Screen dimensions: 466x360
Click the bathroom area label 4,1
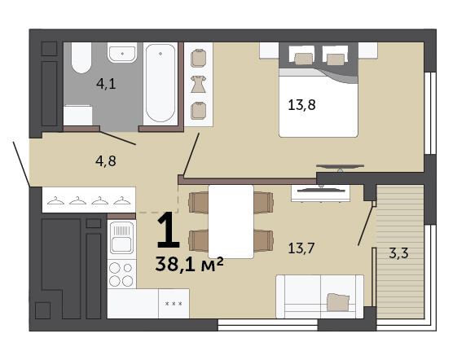click(106, 84)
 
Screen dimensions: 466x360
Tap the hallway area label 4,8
click(106, 161)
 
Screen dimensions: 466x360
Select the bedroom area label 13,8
click(301, 105)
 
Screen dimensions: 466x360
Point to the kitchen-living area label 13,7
click(301, 248)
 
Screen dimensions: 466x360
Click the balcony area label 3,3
click(398, 253)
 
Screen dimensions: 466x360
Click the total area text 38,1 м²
click(189, 264)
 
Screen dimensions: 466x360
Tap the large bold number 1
click(168, 230)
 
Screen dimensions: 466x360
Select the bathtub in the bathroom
click(160, 83)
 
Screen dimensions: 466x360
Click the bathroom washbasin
click(122, 53)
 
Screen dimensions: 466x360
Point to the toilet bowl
click(81, 58)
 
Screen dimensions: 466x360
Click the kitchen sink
click(121, 238)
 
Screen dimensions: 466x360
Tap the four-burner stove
click(121, 274)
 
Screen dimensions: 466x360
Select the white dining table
click(231, 222)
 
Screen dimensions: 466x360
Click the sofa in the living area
click(319, 296)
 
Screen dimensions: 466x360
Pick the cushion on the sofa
click(338, 302)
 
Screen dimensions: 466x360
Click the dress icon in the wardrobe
click(198, 84)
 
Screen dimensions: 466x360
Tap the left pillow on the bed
click(304, 59)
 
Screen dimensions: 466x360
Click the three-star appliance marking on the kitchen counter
click(174, 304)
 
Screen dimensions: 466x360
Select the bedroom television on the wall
click(340, 167)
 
